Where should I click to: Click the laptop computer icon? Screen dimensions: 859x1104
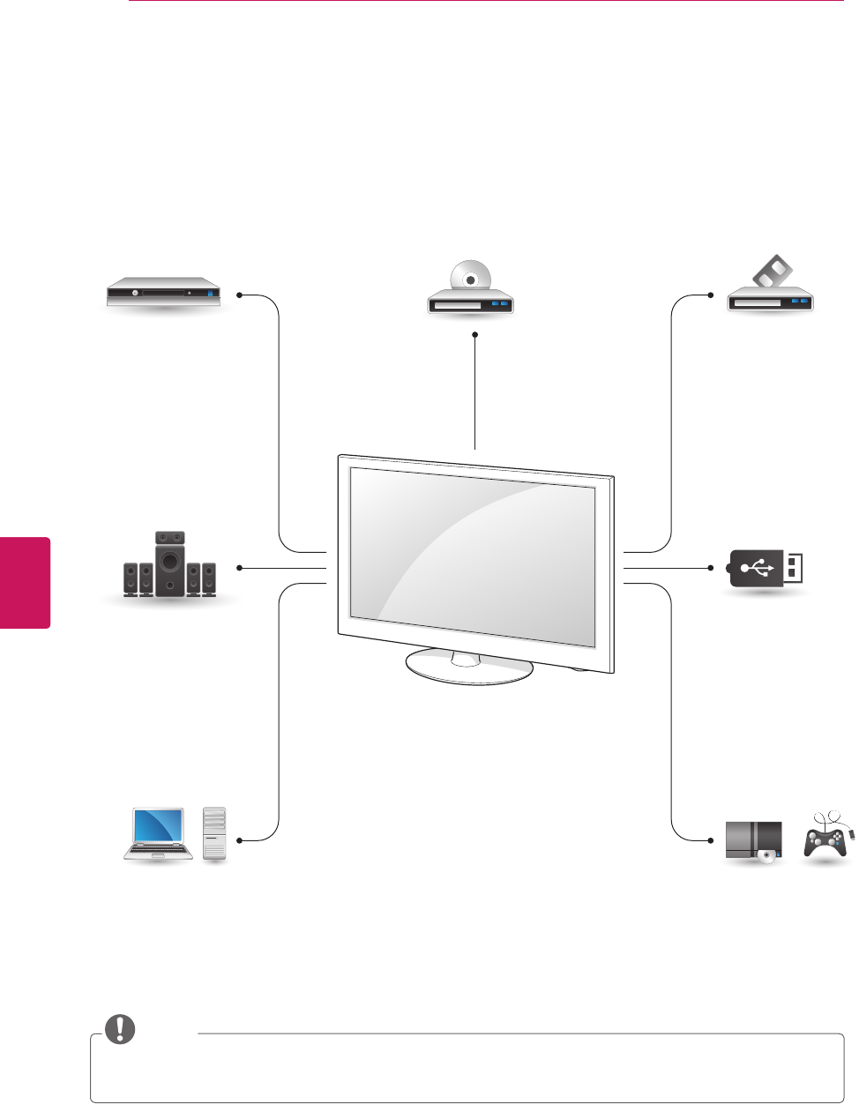[x=159, y=833]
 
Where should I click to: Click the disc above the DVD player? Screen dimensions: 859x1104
[x=470, y=277]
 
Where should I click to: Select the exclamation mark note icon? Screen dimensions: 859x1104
[x=121, y=1029]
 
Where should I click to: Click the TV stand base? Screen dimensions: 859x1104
[x=469, y=667]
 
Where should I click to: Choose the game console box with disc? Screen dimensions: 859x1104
[x=754, y=840]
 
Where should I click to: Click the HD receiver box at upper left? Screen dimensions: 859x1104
[x=162, y=294]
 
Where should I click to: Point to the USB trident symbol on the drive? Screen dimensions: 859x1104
[x=758, y=568]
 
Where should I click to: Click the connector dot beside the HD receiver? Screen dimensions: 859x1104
[x=239, y=295]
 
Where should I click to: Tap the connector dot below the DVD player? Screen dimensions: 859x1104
[x=474, y=334]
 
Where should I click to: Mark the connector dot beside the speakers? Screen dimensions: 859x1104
[x=239, y=568]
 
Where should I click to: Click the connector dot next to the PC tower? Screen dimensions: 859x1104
[x=239, y=840]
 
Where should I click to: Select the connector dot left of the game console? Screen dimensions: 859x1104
[x=710, y=840]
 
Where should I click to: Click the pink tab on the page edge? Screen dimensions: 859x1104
[x=25, y=582]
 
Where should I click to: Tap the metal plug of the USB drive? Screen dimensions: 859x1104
[x=793, y=568]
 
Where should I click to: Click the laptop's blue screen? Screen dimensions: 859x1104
[x=159, y=827]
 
